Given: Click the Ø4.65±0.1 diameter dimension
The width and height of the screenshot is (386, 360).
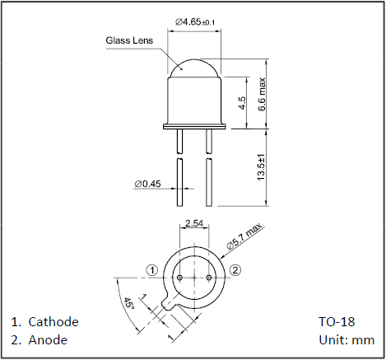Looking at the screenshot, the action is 195,22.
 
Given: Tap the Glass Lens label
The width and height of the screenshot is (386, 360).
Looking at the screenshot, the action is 129,40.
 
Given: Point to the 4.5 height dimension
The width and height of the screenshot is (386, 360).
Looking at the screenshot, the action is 242,103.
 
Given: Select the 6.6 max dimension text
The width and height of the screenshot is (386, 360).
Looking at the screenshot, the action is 262,94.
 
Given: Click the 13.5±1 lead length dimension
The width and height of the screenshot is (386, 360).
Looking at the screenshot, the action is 261,167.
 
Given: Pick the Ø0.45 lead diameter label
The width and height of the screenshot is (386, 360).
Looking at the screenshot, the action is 147,184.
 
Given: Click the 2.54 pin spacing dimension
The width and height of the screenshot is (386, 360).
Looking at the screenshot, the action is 194,223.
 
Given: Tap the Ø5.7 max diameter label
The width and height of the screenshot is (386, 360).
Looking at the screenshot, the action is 244,236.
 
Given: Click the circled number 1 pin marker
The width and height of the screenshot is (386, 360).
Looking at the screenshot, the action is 151,270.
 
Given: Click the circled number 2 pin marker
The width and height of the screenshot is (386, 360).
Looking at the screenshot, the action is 235,270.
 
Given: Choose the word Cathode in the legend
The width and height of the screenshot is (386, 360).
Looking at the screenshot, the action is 53,322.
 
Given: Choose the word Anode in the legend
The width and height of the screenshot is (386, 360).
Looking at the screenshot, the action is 48,340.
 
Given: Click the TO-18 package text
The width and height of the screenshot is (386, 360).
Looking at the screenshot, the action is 337,321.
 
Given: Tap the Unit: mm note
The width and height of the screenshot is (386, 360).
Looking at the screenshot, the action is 346,340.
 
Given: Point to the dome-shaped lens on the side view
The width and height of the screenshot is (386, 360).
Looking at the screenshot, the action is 194,68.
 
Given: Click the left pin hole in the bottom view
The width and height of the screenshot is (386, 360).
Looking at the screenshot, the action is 180,278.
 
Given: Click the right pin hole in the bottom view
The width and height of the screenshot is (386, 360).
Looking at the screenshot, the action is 209,278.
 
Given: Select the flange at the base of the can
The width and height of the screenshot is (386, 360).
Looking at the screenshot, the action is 194,127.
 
